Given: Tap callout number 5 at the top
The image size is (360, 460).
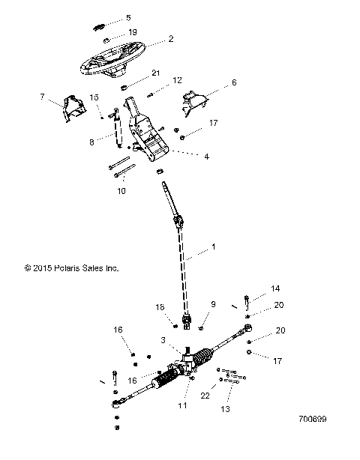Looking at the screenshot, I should [x=128, y=17].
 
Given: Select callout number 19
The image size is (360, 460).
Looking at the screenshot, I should [x=132, y=33].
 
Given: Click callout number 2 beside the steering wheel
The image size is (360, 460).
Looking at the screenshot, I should [x=171, y=38].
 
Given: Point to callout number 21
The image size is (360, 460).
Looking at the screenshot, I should [x=156, y=73].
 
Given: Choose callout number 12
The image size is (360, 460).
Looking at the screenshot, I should [x=178, y=80].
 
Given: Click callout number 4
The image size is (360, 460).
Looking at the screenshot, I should [x=206, y=157].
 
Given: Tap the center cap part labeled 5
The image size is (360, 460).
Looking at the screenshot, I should [x=99, y=25].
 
